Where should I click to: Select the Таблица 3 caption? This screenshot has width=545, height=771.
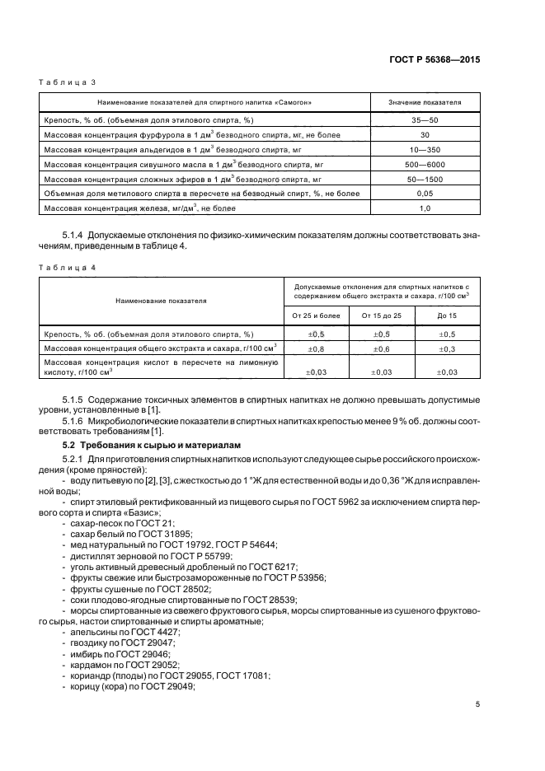[x=68, y=82]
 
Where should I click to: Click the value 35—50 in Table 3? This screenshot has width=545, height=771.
[x=425, y=119]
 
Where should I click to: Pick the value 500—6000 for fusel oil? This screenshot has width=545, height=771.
[x=425, y=164]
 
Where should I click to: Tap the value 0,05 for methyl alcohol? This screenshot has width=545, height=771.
[x=425, y=194]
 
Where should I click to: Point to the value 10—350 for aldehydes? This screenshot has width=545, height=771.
[x=425, y=149]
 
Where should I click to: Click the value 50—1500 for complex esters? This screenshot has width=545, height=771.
[x=425, y=179]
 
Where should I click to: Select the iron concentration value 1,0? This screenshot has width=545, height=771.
[x=425, y=208]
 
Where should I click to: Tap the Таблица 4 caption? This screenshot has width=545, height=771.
[x=68, y=269]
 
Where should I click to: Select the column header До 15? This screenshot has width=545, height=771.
[x=447, y=315]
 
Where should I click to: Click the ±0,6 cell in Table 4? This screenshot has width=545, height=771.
[x=381, y=348]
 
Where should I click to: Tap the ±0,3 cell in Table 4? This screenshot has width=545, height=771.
[x=447, y=348]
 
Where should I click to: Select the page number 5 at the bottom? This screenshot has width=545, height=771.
[x=477, y=703]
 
